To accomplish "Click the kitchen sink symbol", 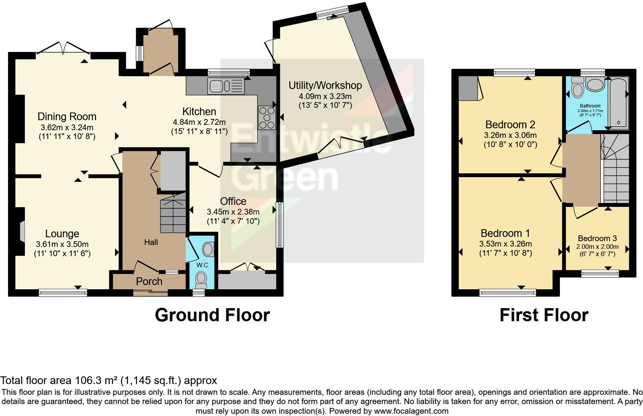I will click(226, 86).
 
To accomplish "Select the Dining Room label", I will click(67, 116).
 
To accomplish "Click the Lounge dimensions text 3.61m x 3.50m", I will click(62, 244).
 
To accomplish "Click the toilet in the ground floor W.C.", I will click(201, 279).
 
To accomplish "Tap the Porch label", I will click(149, 282).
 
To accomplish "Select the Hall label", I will click(151, 242).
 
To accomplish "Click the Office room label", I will click(233, 201).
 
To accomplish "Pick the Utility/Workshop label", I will click(325, 85).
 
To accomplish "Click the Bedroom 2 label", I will click(510, 124).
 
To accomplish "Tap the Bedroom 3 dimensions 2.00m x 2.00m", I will click(597, 247).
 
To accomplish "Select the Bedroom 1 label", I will click(505, 233).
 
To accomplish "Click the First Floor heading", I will click(544, 315).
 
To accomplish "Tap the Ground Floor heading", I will click(212, 315).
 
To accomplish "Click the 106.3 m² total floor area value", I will click(96, 381).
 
